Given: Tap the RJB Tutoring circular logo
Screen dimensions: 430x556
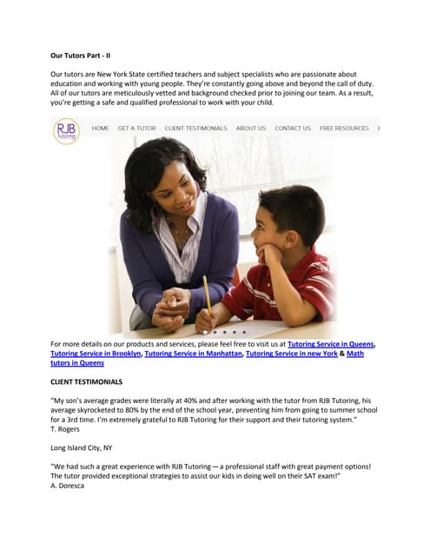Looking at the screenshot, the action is (x=66, y=131).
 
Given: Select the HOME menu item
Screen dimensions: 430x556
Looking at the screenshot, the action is (x=101, y=129).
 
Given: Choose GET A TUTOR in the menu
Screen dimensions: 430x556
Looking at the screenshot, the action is (x=137, y=129).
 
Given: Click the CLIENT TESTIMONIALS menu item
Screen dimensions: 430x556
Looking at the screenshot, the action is (x=195, y=129).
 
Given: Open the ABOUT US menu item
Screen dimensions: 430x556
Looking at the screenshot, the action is (x=251, y=129).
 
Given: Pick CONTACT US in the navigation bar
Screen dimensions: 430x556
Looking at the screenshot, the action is (x=293, y=129).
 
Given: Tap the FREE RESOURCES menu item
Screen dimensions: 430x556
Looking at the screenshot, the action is (x=344, y=129).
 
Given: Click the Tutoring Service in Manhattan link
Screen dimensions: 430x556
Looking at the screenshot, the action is (x=193, y=354).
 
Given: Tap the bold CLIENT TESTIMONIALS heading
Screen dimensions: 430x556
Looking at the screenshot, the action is (x=87, y=381).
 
